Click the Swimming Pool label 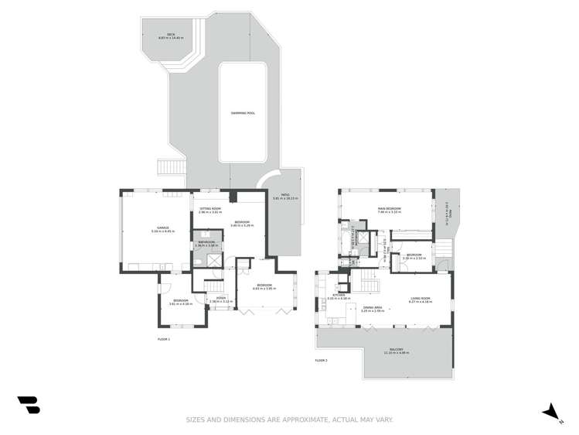(243, 113)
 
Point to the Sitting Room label (210, 210)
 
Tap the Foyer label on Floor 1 (220, 300)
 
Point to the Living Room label (420, 300)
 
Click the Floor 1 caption (163, 339)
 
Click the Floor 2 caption (321, 361)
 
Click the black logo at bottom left (29, 405)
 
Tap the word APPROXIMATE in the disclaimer (305, 420)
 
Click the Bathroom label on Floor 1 (206, 242)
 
